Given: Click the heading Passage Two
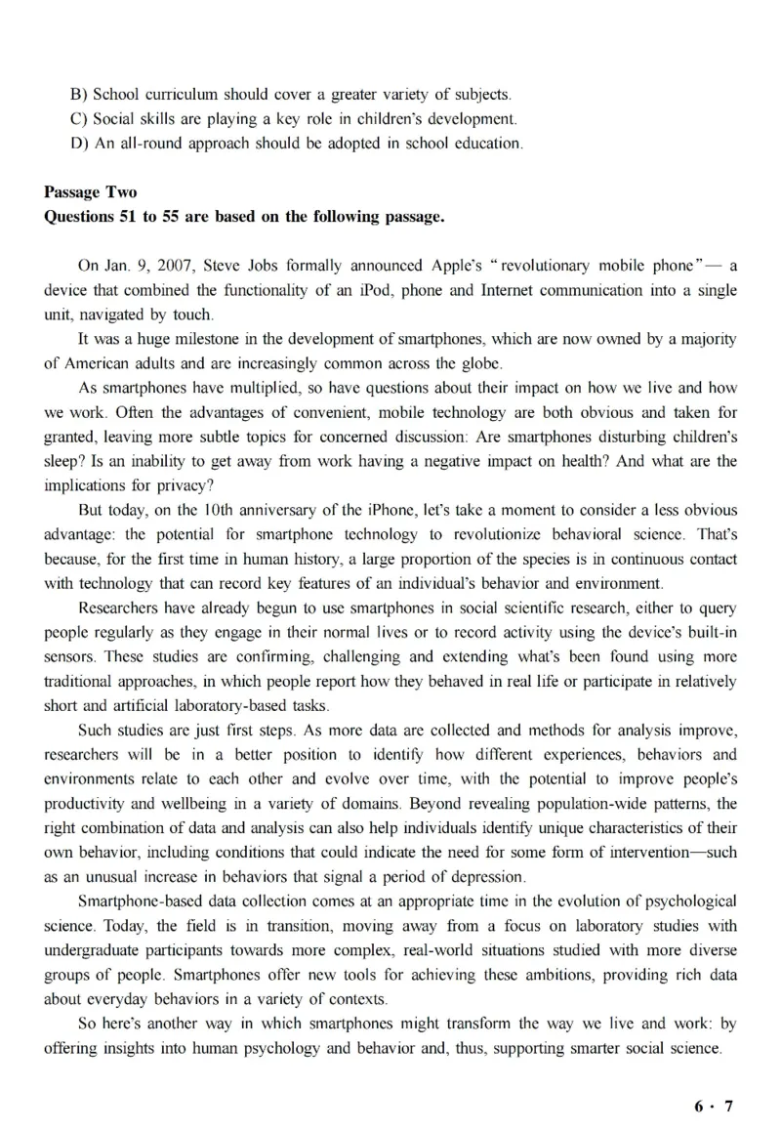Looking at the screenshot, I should click(x=91, y=192).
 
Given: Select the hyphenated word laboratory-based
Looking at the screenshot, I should click(x=267, y=705).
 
